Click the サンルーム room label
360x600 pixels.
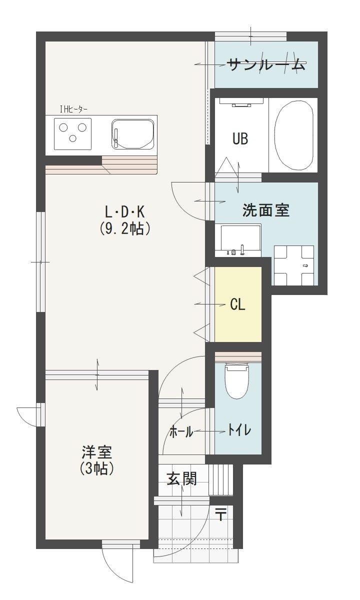coord(265,64)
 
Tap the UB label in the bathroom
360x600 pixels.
coord(240,138)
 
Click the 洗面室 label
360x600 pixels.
coord(265,210)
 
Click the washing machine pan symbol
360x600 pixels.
coord(294,265)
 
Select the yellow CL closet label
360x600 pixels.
coord(238,304)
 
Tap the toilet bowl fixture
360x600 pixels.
coord(237,381)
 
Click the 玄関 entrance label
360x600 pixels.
coord(181,478)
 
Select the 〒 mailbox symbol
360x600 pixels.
coord(220,513)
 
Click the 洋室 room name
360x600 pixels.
coord(97,453)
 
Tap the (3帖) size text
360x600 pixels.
coord(97,469)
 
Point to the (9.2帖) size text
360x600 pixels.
coord(125,228)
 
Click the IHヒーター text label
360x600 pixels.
coord(73,109)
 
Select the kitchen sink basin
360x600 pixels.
coord(133,134)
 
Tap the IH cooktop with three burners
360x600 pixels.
coord(73,133)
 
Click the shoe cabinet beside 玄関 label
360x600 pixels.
coord(220,480)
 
